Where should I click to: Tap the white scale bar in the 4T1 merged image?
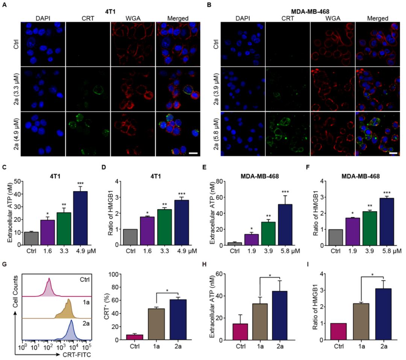tap(193, 153)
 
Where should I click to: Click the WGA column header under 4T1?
tap(133, 18)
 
